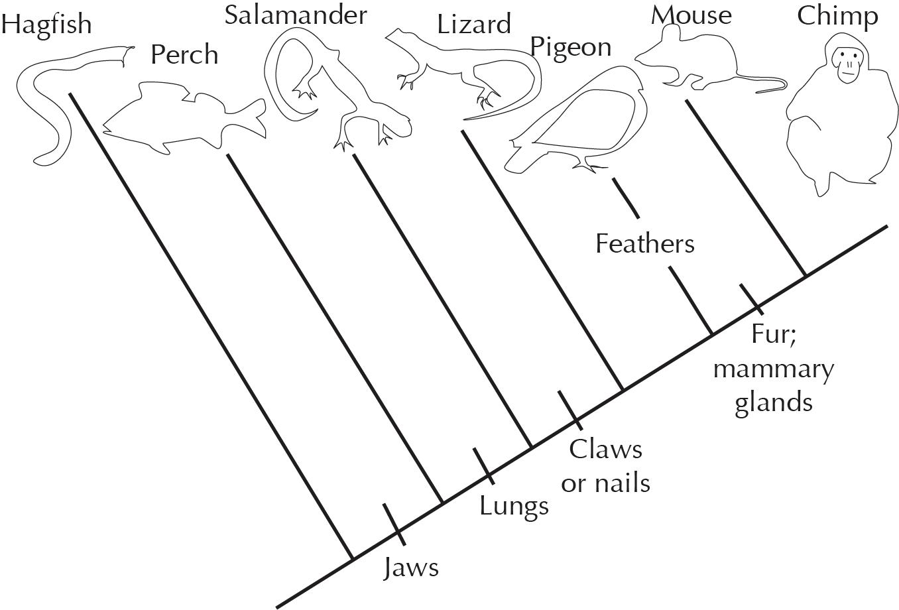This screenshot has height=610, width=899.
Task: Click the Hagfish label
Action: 46,25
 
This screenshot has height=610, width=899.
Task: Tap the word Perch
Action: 184,54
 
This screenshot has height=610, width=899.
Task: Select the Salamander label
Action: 295,15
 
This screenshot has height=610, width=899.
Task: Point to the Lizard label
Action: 473,25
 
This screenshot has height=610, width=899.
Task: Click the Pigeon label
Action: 570,48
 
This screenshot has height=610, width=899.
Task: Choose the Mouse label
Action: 691,15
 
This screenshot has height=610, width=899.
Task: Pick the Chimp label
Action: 837,16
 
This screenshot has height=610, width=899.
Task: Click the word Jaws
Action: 411,568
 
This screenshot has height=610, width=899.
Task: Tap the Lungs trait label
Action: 514,507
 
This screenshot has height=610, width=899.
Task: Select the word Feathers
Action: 644,244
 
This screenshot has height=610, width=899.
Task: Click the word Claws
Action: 606,450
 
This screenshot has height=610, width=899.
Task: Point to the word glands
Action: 773,402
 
